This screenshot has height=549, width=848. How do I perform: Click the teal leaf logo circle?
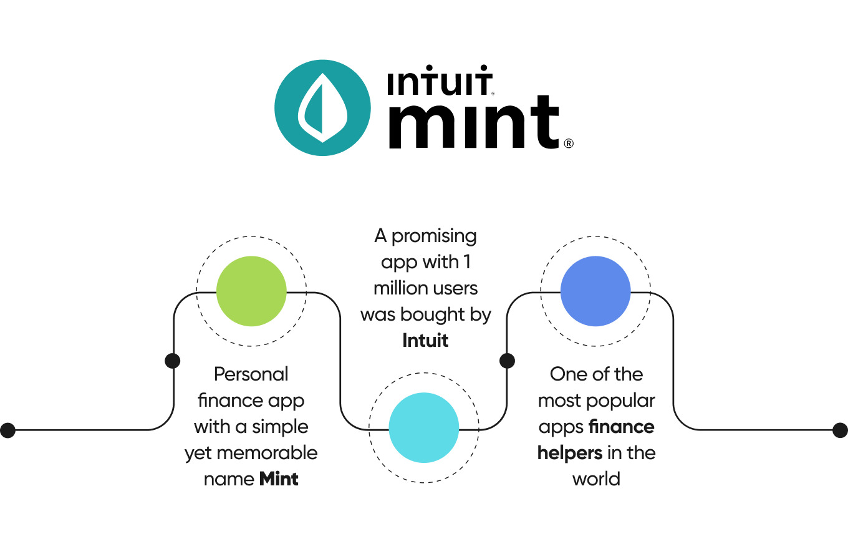click(x=322, y=110)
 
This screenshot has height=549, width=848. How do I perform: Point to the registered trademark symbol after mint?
click(x=568, y=143)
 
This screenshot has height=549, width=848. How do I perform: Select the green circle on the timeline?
click(x=251, y=291)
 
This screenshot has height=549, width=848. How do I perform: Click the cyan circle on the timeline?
click(x=424, y=428)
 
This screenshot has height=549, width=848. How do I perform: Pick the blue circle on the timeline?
click(x=595, y=291)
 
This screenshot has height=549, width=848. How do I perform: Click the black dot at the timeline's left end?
click(x=7, y=430)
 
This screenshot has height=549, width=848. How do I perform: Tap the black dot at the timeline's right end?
click(x=840, y=430)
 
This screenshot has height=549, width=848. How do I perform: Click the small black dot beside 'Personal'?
click(x=173, y=361)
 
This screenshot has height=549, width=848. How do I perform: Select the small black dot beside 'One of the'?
click(x=508, y=361)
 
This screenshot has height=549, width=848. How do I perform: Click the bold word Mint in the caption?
click(x=279, y=479)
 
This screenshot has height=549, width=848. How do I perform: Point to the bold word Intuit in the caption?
click(x=425, y=341)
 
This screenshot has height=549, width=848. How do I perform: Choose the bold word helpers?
click(x=570, y=453)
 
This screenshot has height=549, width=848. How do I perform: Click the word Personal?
click(x=251, y=374)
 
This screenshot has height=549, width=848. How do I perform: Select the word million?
click(x=402, y=289)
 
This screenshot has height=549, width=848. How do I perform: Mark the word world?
click(x=596, y=479)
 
